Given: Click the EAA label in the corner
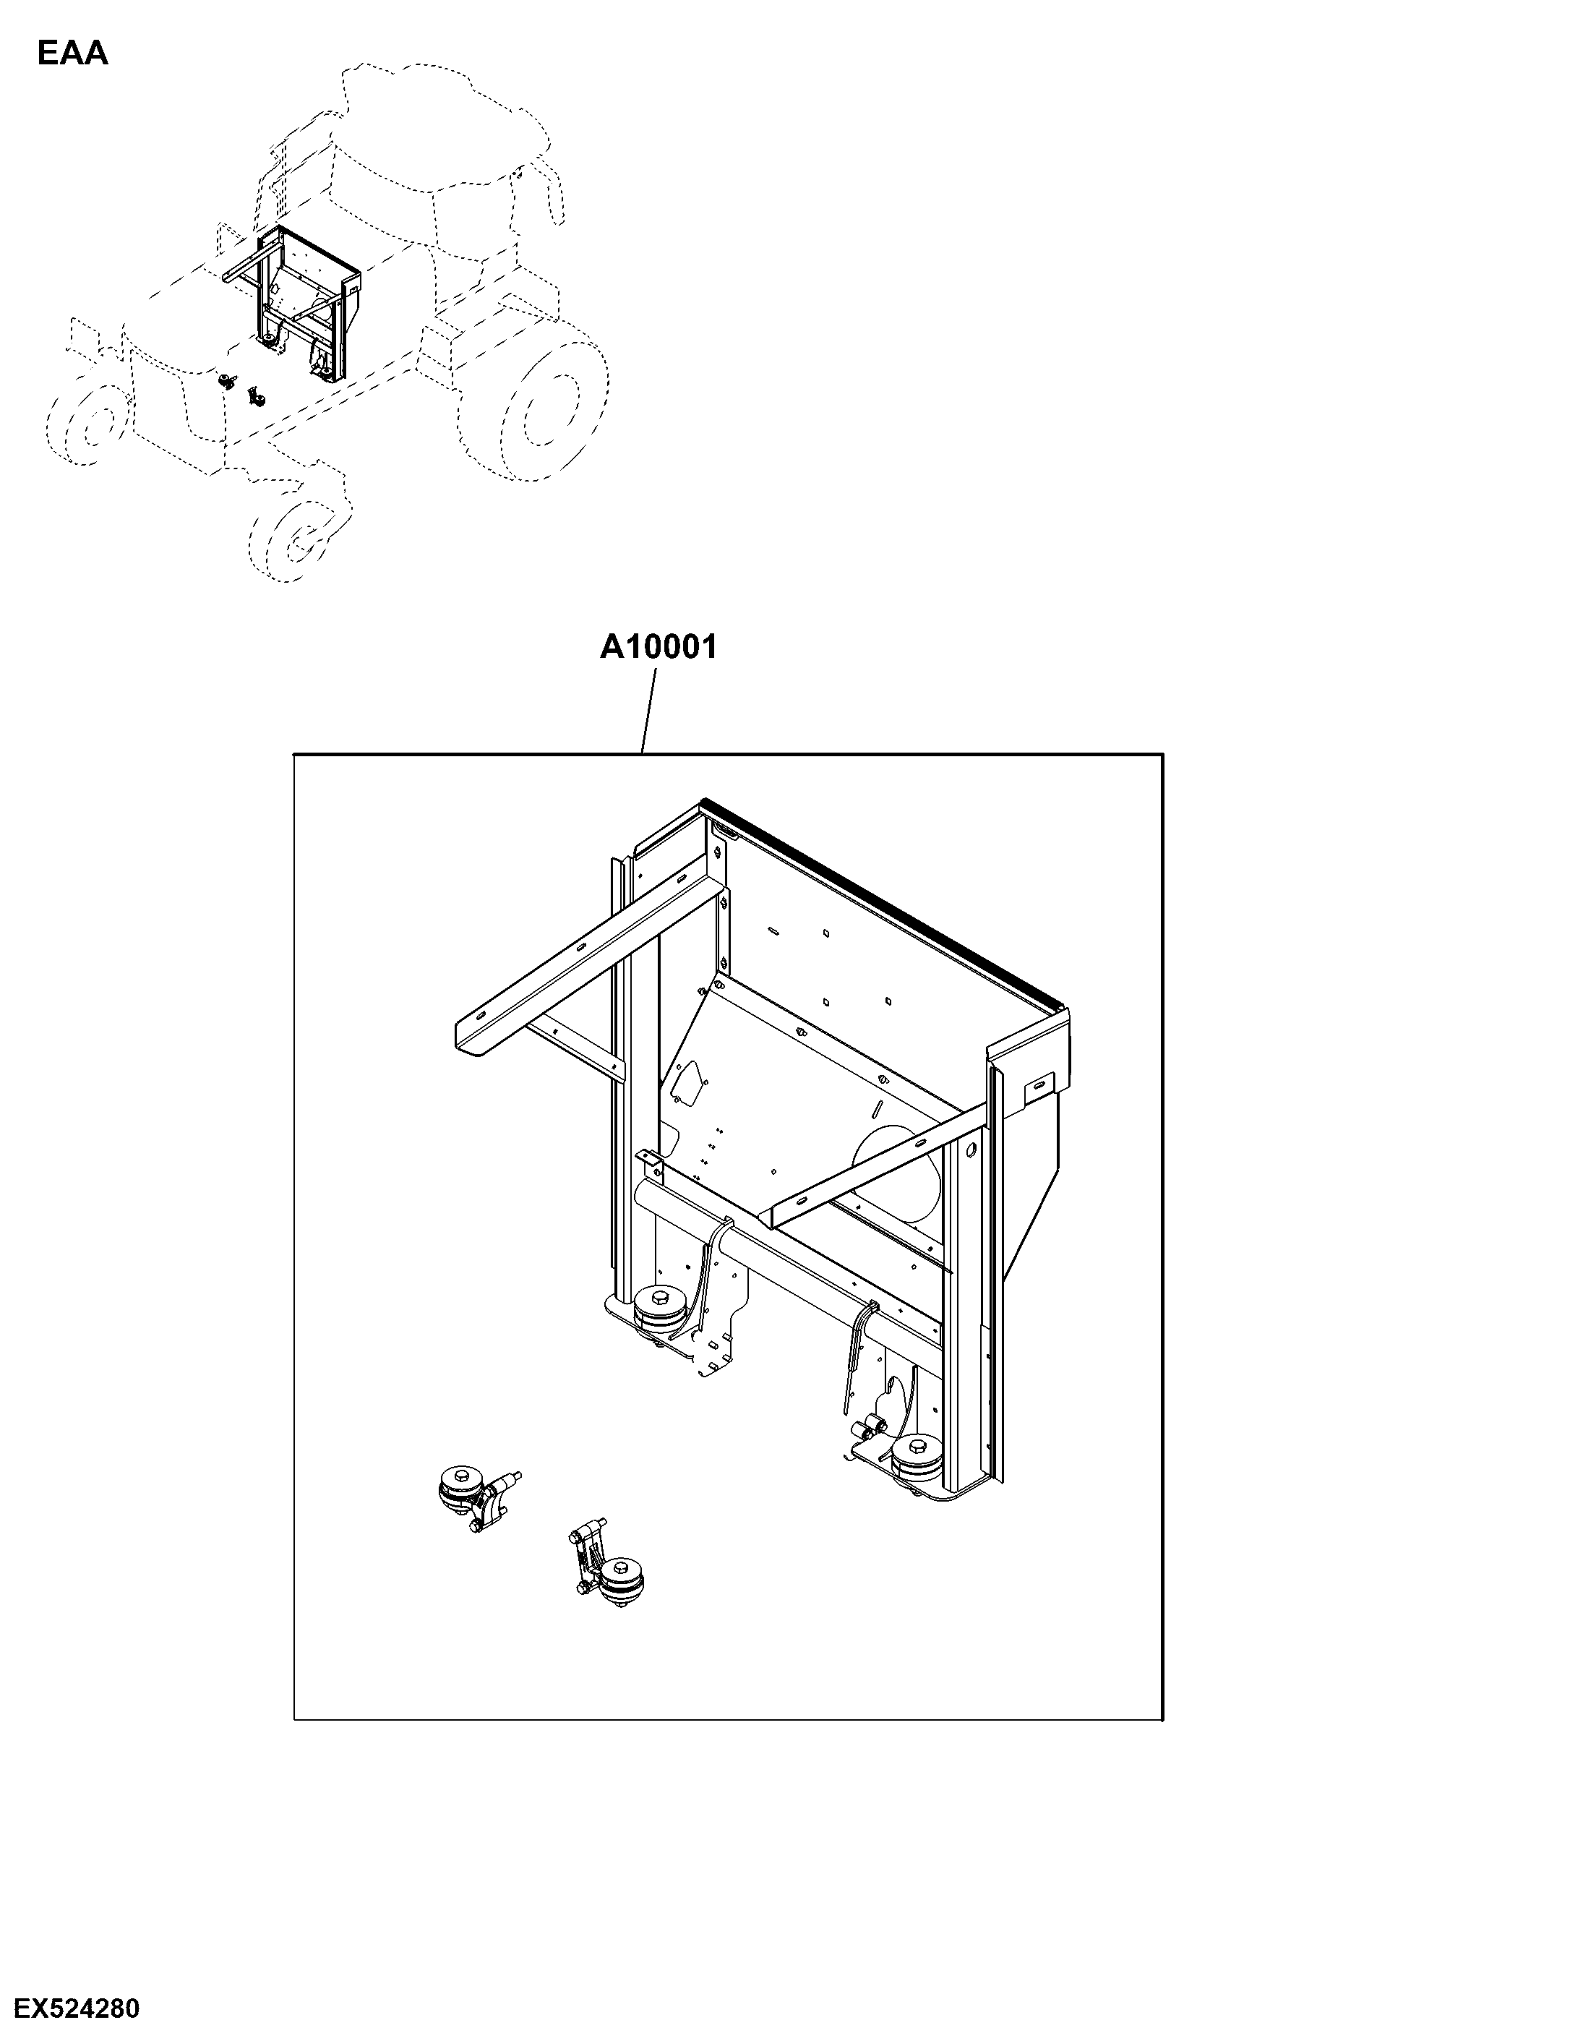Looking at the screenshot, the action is point(72,54).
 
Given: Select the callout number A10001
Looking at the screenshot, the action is point(659,646).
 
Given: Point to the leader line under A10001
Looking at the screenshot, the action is point(648,715).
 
